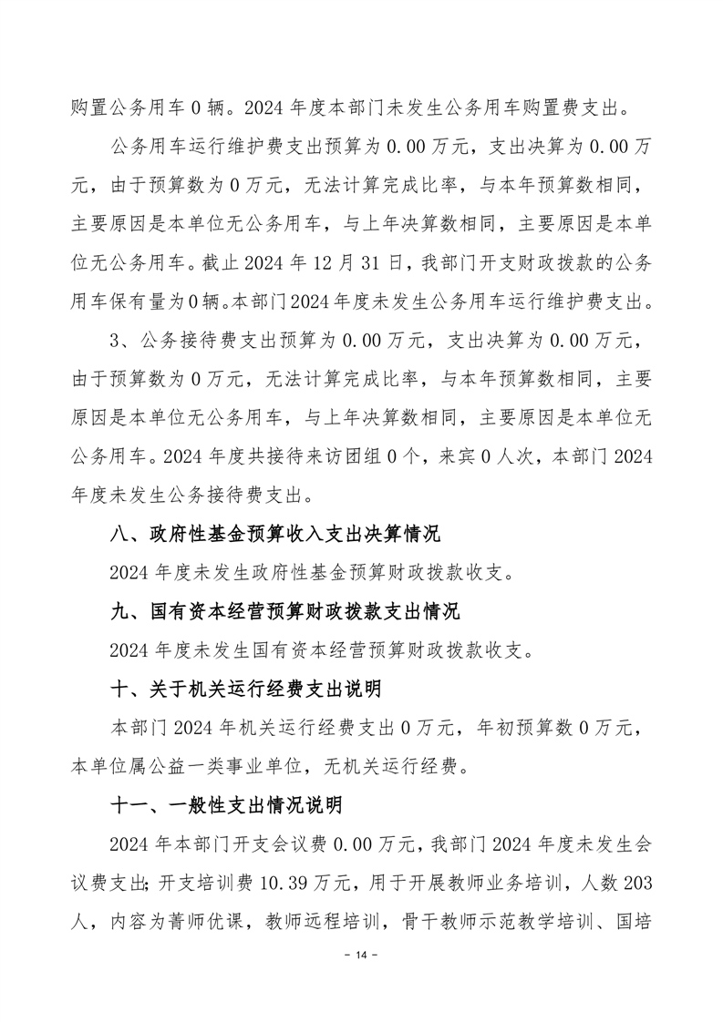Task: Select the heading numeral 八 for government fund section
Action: (118, 535)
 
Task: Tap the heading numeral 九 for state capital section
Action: (118, 611)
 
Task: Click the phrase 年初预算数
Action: (527, 728)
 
